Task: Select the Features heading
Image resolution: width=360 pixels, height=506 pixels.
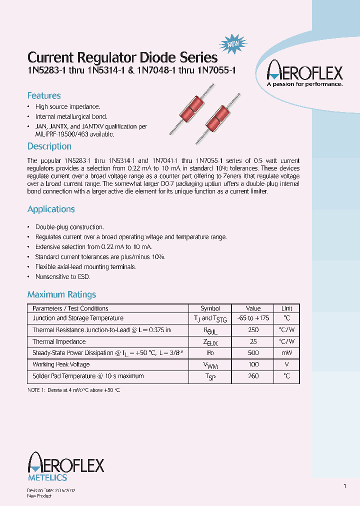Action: (44, 95)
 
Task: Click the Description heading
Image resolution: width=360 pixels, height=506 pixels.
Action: (49, 146)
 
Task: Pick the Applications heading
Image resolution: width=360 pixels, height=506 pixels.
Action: (51, 209)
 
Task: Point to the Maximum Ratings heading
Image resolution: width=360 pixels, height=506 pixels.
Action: (61, 294)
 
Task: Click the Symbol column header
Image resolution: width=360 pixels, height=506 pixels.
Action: (210, 308)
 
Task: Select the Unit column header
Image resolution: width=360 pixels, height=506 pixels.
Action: (286, 308)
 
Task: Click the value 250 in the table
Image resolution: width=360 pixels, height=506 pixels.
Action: (253, 330)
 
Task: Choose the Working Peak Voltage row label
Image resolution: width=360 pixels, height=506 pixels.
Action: (61, 364)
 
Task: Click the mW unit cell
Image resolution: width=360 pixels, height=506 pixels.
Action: (286, 353)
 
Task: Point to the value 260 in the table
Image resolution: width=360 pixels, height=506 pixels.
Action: (253, 376)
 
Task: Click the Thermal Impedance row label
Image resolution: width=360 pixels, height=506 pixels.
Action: (59, 341)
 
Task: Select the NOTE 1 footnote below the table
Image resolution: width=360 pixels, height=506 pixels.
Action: (74, 389)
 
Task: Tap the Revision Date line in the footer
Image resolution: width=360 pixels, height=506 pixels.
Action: (51, 491)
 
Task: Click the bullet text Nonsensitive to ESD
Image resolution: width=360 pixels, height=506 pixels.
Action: (62, 276)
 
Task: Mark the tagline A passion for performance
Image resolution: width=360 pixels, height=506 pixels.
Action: (304, 84)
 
